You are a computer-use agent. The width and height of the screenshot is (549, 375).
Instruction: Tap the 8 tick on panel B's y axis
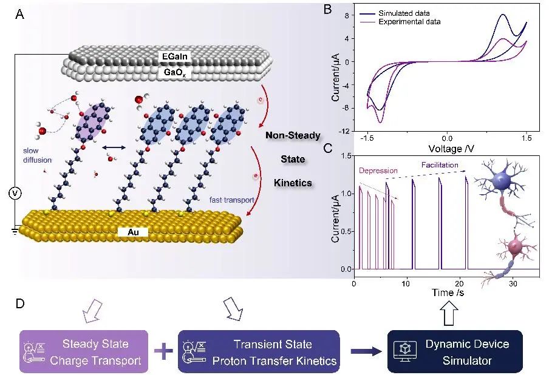click(344, 16)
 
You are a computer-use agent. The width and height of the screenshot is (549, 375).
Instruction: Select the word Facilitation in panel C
click(440, 164)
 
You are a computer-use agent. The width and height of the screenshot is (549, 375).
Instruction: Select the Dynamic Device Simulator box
click(454, 353)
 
